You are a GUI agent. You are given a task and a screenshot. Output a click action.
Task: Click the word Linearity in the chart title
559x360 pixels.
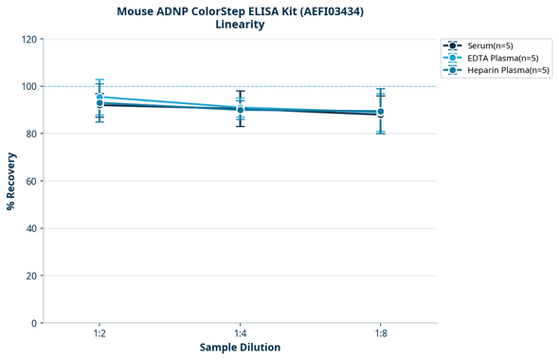click(x=240, y=25)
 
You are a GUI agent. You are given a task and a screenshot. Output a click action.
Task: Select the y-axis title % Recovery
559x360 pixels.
click(x=11, y=181)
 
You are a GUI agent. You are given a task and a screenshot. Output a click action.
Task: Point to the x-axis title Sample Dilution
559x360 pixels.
click(x=240, y=348)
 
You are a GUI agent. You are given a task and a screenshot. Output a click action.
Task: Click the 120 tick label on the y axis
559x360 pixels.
click(x=28, y=39)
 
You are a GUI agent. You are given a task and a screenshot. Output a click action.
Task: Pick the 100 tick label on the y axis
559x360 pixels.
click(x=28, y=86)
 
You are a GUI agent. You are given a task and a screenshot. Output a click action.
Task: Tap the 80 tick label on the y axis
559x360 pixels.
click(x=31, y=134)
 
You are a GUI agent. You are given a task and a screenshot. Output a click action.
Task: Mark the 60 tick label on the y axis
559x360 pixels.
click(x=31, y=181)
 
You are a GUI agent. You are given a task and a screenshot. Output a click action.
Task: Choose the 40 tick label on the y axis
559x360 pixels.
click(x=31, y=228)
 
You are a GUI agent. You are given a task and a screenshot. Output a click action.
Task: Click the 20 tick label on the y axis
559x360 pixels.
click(x=31, y=276)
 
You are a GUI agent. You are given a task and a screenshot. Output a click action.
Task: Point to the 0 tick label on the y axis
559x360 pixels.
click(x=34, y=323)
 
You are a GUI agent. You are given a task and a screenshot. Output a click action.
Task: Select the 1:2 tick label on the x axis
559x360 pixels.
click(x=99, y=333)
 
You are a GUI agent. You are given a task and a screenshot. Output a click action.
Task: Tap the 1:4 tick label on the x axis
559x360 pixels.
click(x=240, y=333)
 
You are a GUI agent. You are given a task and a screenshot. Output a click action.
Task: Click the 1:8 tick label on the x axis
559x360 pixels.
click(x=380, y=333)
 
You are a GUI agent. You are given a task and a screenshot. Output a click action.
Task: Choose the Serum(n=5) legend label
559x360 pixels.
click(x=490, y=45)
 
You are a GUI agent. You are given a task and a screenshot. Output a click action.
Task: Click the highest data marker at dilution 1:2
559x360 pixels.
click(x=99, y=97)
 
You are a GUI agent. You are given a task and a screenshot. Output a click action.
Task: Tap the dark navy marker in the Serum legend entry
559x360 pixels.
click(x=454, y=45)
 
